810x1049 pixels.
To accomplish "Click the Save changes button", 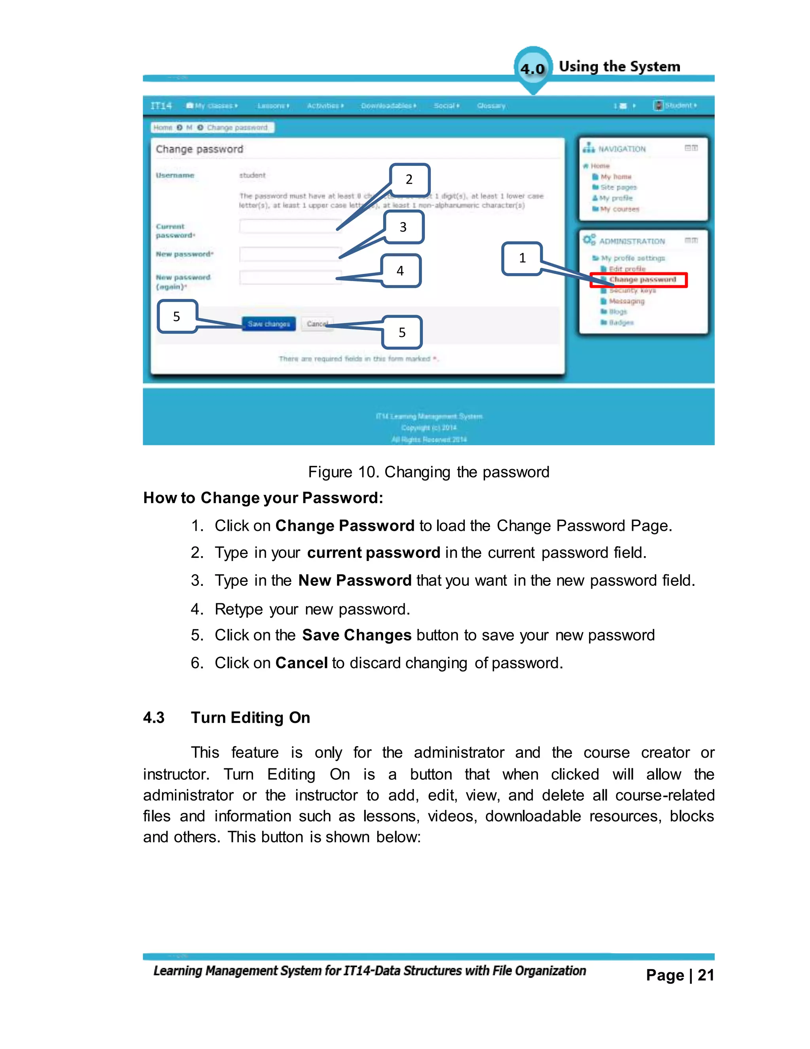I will [268, 324].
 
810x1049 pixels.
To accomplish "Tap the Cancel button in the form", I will [317, 324].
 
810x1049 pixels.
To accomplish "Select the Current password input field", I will [290, 226].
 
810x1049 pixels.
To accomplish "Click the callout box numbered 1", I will [522, 258].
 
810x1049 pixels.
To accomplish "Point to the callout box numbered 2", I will [409, 180].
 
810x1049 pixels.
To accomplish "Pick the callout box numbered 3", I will [403, 227].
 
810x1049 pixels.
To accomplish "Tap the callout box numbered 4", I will [400, 271].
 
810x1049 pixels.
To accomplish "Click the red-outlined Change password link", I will [642, 279].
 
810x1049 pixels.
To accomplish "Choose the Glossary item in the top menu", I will [491, 106].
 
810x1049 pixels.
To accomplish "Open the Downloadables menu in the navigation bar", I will [388, 106].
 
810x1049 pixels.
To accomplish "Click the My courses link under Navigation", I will [619, 209].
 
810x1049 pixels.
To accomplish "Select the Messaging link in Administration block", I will [626, 301].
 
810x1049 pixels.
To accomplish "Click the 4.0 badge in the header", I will [533, 69].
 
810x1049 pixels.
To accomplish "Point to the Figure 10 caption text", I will [428, 472].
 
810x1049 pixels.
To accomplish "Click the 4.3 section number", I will [153, 718].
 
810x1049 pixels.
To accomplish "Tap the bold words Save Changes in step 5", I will [356, 635].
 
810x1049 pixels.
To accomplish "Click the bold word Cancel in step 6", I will [301, 663].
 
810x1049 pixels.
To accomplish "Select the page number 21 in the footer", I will [706, 975].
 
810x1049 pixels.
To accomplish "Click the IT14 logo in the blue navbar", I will [161, 106].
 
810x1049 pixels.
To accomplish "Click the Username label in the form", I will [175, 175].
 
